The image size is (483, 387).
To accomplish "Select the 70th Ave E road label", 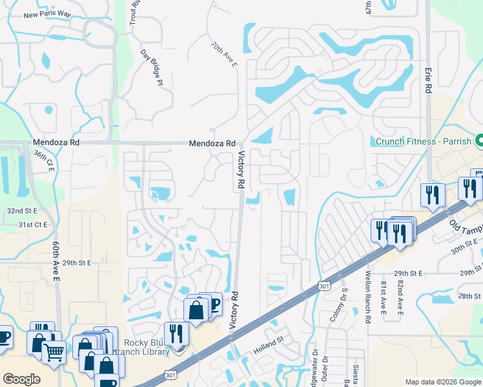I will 224,55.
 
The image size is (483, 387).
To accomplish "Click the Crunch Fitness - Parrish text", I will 422,141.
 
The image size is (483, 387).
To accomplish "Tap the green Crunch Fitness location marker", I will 480,140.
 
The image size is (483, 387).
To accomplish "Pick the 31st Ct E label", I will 33,224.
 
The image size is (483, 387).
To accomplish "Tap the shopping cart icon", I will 54,352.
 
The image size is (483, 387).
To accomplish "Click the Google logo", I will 21,379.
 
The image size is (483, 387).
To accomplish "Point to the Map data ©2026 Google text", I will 442,382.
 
